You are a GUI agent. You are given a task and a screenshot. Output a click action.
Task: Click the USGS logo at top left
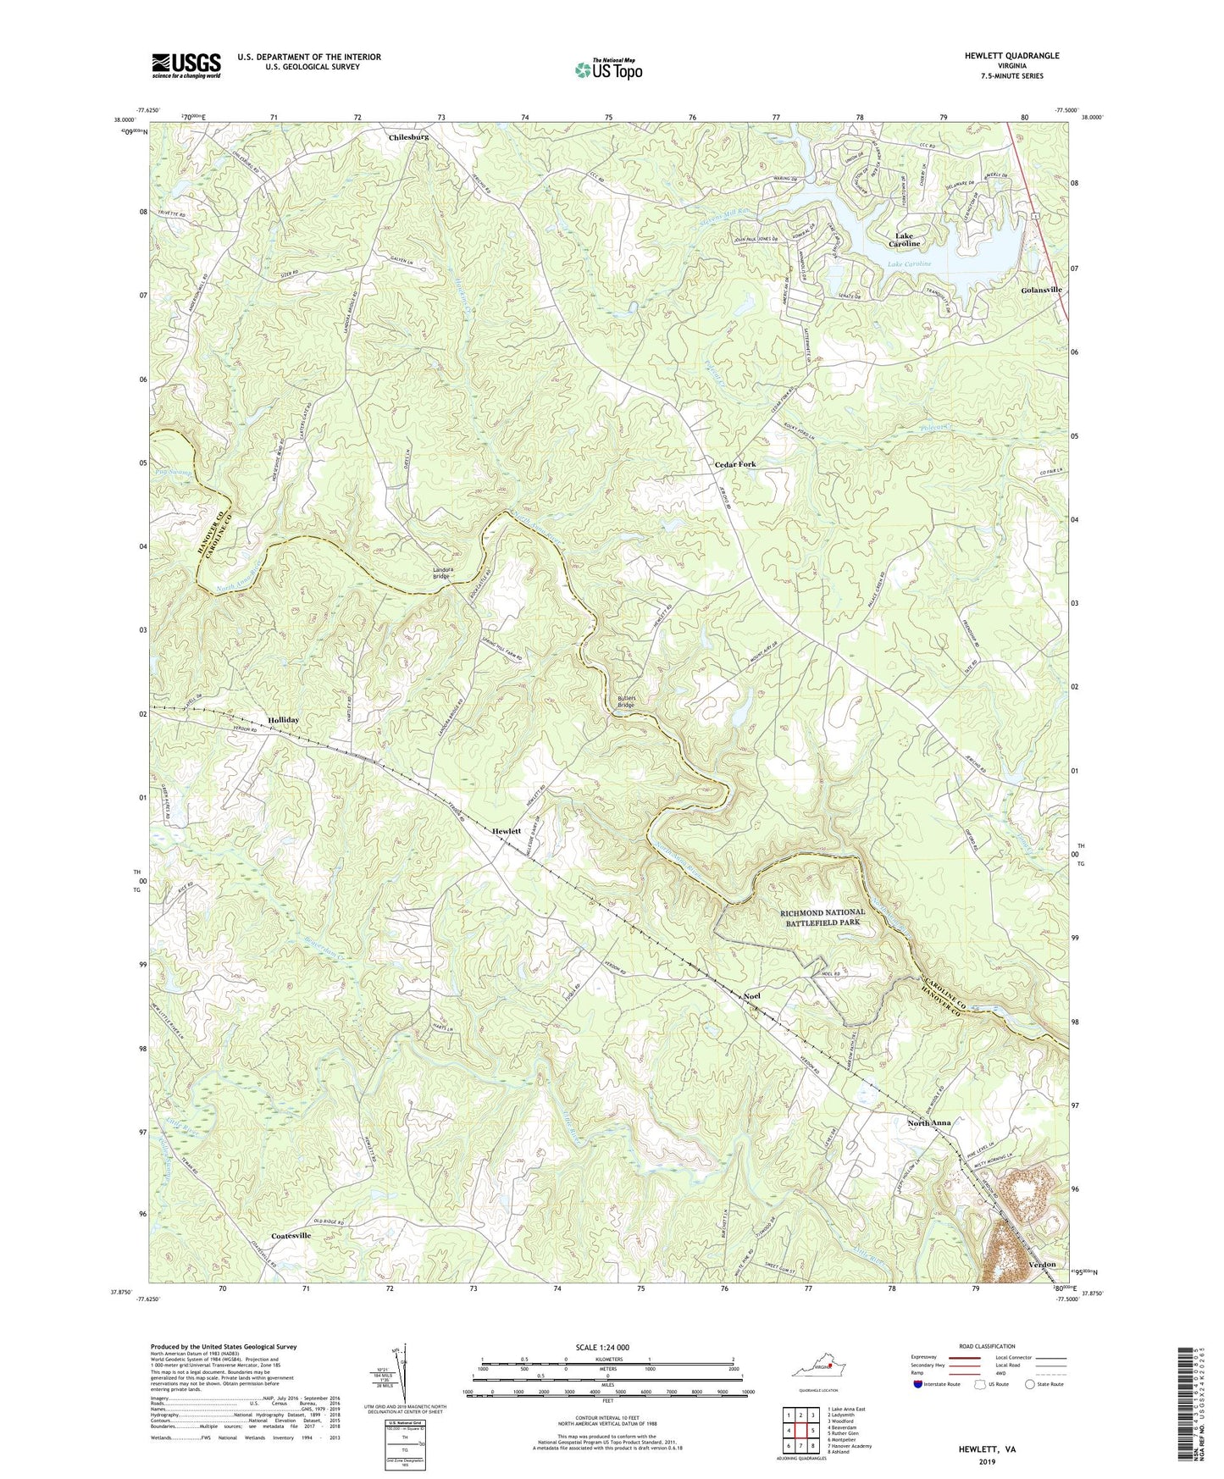(186, 65)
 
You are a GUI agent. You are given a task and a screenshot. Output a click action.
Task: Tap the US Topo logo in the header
(606, 69)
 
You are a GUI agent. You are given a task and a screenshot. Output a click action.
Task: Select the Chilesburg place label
(408, 136)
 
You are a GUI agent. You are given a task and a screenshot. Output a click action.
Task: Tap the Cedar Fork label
(734, 464)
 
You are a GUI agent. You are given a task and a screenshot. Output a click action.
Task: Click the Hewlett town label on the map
(507, 831)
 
